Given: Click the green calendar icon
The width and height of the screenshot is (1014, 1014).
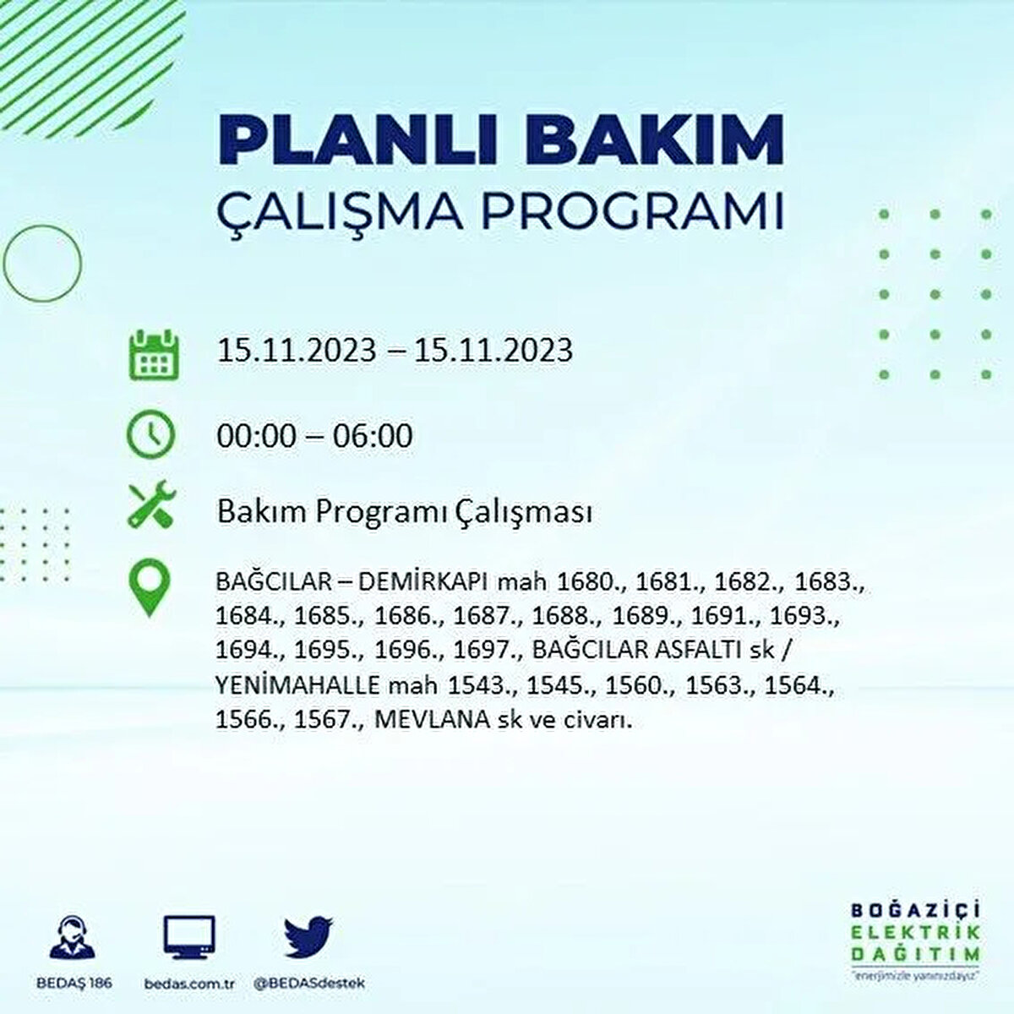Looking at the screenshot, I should pos(153,353).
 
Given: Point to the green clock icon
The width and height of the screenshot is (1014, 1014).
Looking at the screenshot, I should pos(150,435).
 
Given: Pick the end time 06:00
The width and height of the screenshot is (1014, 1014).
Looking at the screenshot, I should pos(373,436).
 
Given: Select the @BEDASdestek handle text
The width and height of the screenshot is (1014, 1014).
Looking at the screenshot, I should pos(308,984).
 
